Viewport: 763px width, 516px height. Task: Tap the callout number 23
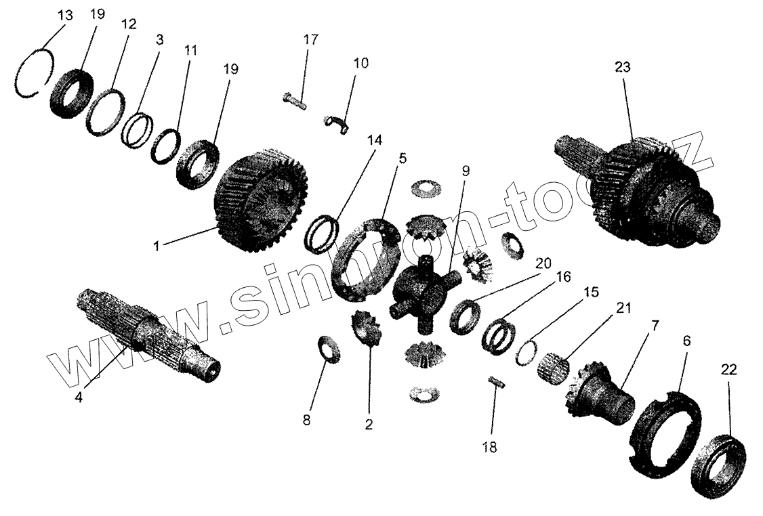(622, 67)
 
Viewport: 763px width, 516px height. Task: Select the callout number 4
(79, 397)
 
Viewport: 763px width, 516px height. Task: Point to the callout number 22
(729, 370)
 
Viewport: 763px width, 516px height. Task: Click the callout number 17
(310, 39)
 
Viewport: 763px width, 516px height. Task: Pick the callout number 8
(306, 421)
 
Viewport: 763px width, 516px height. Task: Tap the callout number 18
(489, 447)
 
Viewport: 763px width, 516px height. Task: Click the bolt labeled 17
(295, 100)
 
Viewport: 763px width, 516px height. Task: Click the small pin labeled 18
(497, 383)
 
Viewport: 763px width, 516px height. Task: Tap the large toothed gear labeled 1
(261, 200)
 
